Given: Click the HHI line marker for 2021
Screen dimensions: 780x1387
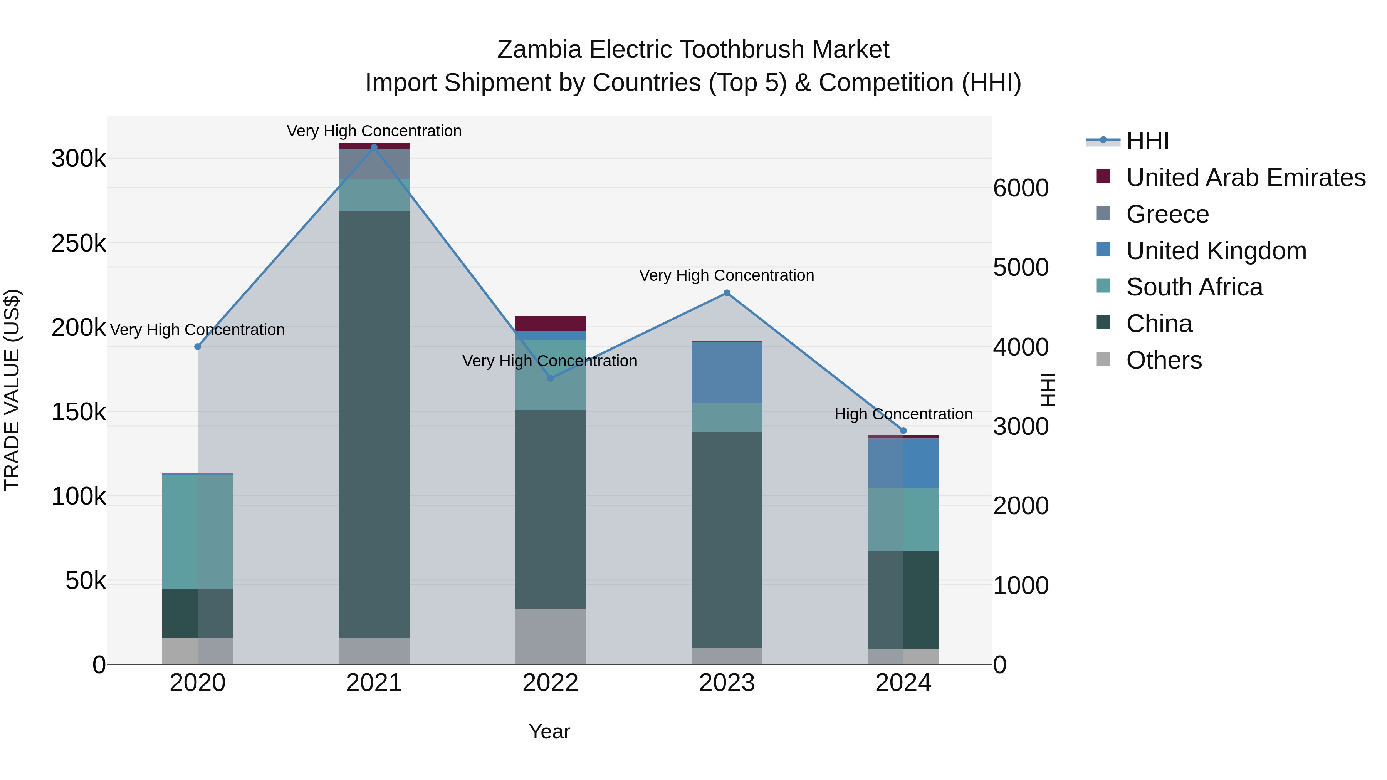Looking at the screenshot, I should [374, 147].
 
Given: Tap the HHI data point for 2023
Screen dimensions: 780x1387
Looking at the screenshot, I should [727, 293].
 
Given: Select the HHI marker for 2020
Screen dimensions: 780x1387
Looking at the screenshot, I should [198, 347].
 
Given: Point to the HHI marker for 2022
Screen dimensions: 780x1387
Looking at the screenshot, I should [550, 378].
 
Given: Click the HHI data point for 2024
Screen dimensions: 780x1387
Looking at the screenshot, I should [903, 431].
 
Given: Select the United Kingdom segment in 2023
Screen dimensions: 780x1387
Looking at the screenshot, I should [727, 372].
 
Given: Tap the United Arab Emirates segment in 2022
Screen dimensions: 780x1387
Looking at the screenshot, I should [550, 324].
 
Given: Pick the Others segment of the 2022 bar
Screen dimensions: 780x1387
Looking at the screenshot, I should [550, 636].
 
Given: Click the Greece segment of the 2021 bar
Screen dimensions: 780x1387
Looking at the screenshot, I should [374, 164].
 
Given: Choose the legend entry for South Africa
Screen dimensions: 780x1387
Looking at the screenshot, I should [1194, 287].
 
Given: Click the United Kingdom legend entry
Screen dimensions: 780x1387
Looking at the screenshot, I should [1216, 251].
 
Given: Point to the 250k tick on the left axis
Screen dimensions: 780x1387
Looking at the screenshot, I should [79, 243].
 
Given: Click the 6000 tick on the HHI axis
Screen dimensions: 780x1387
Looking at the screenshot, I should [1021, 188].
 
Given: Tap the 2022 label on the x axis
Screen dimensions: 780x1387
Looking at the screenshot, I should [550, 683].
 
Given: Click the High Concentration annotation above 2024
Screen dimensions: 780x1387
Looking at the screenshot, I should [903, 414].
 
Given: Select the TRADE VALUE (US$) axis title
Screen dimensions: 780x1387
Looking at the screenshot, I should [12, 390].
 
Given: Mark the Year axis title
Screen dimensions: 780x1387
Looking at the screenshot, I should [549, 731].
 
